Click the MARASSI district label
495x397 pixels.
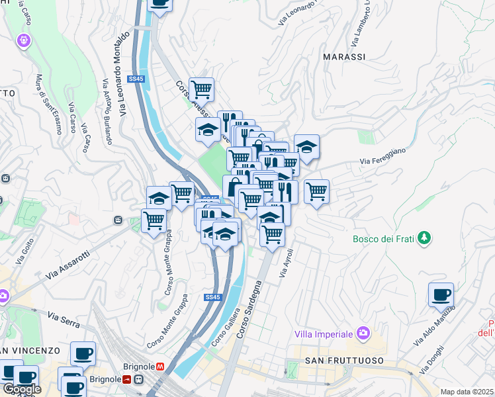click(x=343, y=57)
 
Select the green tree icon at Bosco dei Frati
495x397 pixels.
click(x=424, y=237)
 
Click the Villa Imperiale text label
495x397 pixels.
click(x=322, y=332)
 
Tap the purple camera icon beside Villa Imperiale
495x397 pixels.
click(x=362, y=332)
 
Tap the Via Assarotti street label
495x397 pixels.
click(x=67, y=265)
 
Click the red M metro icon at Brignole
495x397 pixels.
click(x=159, y=365)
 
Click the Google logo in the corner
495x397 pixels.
click(x=22, y=389)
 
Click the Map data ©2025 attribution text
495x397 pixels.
click(x=467, y=392)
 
